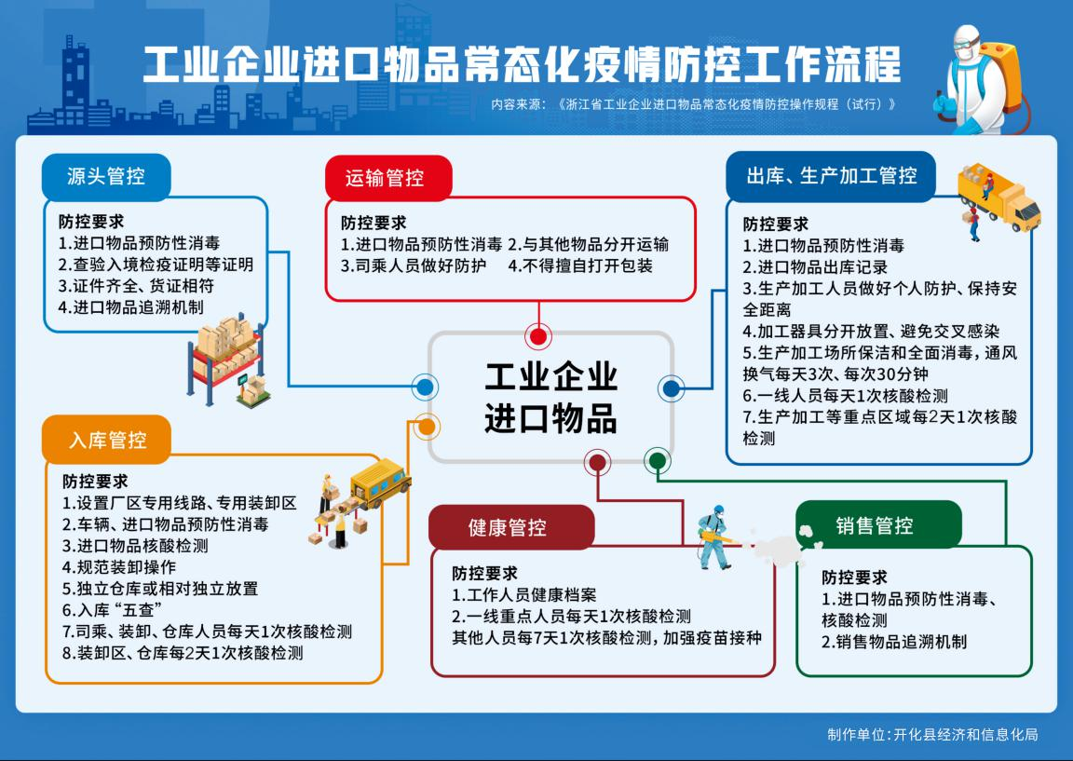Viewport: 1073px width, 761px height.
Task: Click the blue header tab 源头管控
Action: click(x=106, y=177)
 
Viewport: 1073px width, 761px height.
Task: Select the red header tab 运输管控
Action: click(x=388, y=178)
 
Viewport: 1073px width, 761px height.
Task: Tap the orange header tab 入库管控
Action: click(x=107, y=440)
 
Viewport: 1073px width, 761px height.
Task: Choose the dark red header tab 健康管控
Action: click(x=511, y=527)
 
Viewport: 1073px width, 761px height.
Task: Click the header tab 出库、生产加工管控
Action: click(x=831, y=176)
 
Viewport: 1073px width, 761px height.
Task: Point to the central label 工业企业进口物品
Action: click(x=550, y=398)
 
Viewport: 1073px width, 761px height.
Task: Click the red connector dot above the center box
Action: click(x=538, y=336)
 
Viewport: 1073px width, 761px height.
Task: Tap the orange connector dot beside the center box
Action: click(x=426, y=427)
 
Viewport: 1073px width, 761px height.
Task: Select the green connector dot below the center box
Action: click(x=658, y=461)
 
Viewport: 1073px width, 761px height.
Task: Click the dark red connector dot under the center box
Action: click(x=597, y=463)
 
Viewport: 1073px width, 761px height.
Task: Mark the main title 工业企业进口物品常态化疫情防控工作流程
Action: click(x=522, y=65)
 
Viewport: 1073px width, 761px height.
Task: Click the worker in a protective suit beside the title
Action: click(x=978, y=80)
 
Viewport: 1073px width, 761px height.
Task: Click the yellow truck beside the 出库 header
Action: click(x=999, y=198)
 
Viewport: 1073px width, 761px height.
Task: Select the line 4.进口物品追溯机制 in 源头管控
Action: click(x=130, y=307)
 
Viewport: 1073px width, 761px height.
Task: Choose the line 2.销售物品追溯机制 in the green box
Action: click(x=894, y=642)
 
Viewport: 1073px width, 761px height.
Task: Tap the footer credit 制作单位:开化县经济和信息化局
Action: click(x=932, y=734)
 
